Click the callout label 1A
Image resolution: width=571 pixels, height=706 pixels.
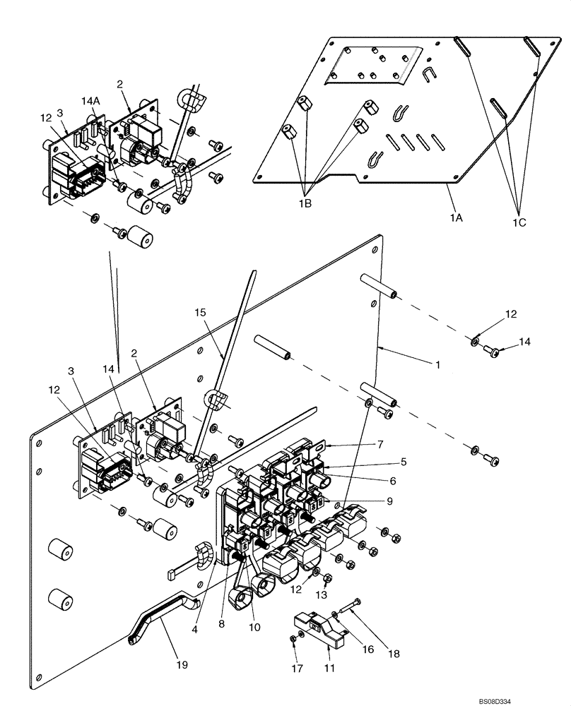pos(455,219)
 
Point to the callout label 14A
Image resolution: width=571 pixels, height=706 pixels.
pos(90,102)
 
